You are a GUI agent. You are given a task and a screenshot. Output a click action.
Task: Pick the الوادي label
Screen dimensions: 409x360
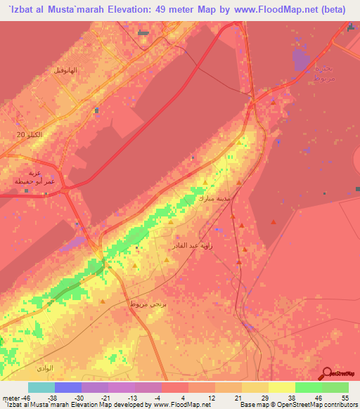pyautogui.click(x=46, y=368)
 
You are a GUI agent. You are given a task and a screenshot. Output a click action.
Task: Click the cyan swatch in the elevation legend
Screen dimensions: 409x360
pyautogui.click(x=41, y=387)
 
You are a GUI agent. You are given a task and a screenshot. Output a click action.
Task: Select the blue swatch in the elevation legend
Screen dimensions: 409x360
pyautogui.click(x=68, y=387)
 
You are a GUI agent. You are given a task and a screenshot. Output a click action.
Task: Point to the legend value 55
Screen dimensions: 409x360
pyautogui.click(x=345, y=398)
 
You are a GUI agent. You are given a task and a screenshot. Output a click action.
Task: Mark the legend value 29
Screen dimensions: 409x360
pyautogui.click(x=264, y=398)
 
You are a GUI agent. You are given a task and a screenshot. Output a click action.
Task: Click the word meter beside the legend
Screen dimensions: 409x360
pyautogui.click(x=10, y=398)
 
